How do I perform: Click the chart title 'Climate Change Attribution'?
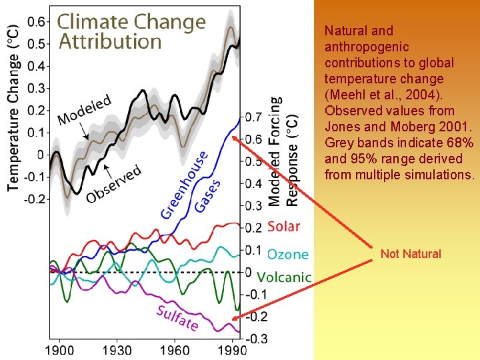(x=131, y=31)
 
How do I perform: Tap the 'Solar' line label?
(x=283, y=227)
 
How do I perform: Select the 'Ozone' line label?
(x=288, y=254)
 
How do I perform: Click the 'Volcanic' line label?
(x=284, y=277)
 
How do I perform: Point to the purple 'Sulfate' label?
(x=177, y=317)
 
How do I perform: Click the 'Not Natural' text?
(x=411, y=254)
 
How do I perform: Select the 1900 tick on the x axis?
(x=59, y=349)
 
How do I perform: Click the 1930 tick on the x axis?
(x=117, y=349)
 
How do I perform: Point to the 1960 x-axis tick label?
(x=174, y=349)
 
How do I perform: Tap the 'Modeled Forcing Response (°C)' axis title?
(x=283, y=151)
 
